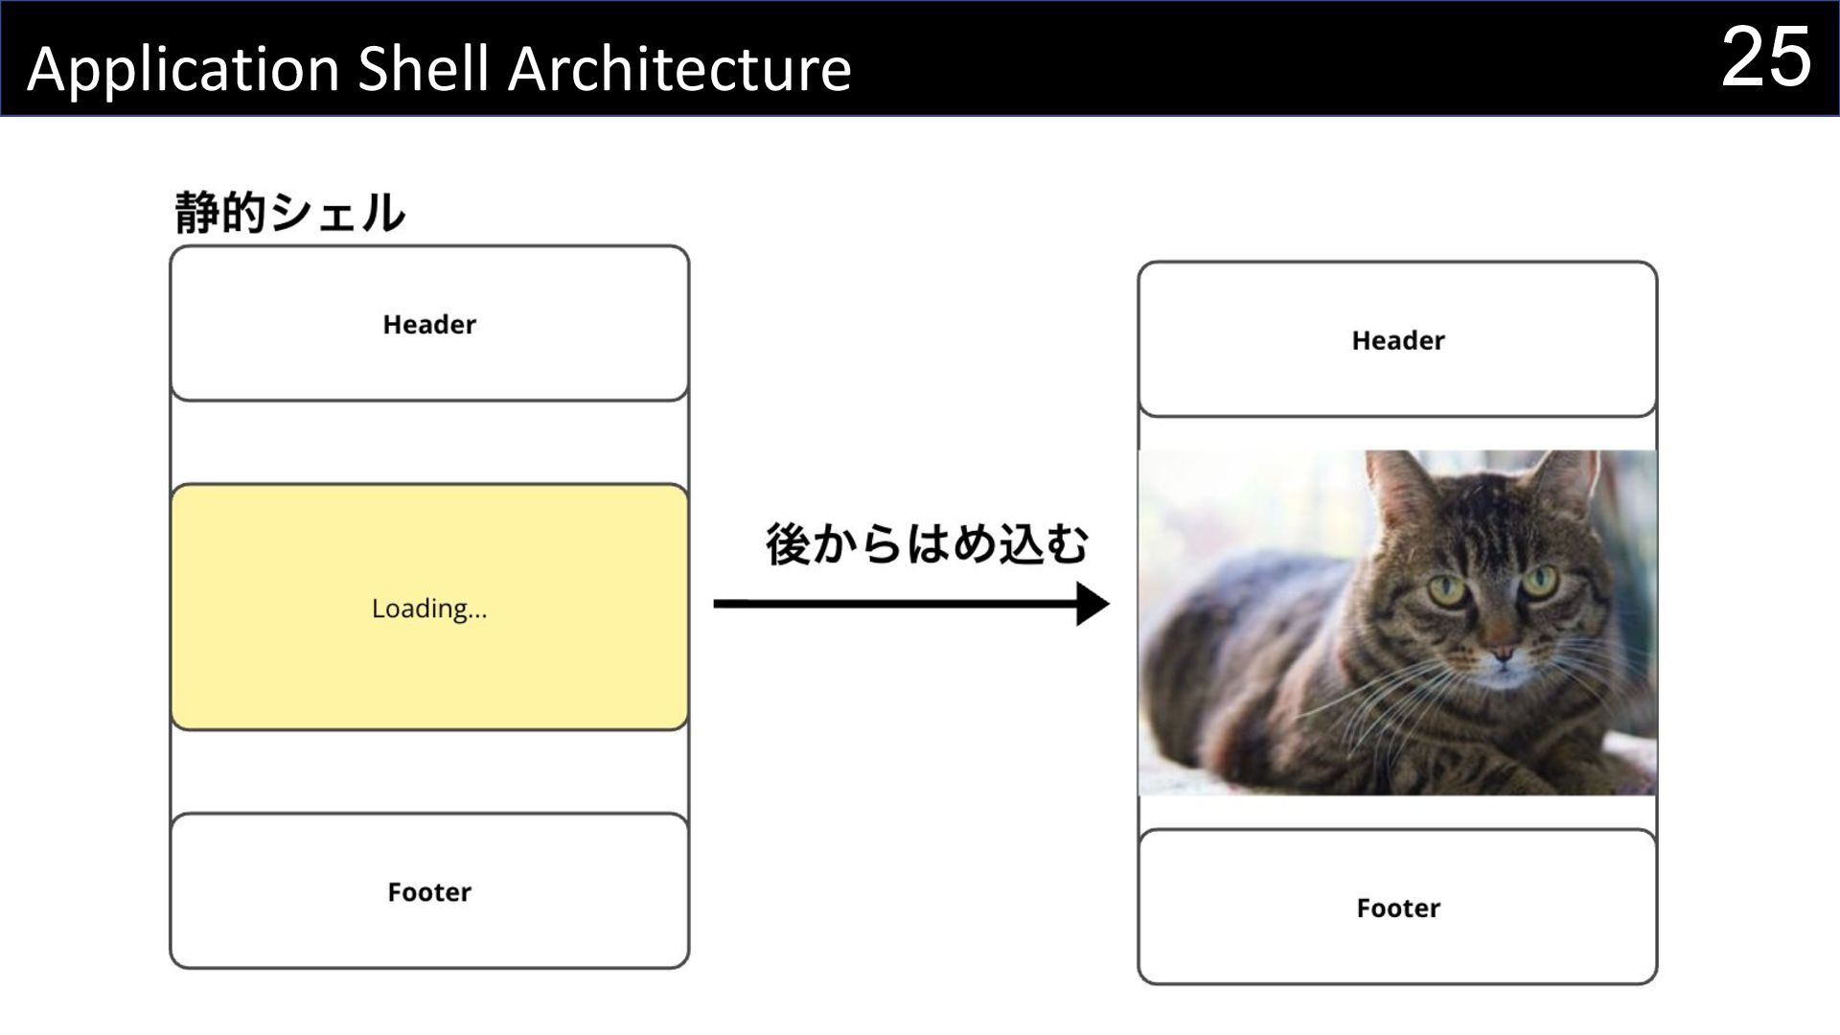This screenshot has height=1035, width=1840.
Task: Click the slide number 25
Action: [x=1766, y=57]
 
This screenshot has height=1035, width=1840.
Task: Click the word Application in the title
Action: [x=183, y=70]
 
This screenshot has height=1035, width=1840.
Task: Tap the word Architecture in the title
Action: [x=679, y=69]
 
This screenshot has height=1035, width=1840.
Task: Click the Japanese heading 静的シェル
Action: [x=289, y=213]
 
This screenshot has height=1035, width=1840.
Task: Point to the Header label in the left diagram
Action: [x=429, y=325]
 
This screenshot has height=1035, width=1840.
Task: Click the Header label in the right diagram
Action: [x=1397, y=341]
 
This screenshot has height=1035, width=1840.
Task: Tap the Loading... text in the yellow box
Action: [x=429, y=609]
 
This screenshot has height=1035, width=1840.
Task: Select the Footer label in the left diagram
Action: [x=429, y=892]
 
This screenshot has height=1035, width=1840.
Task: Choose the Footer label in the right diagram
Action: [x=1397, y=908]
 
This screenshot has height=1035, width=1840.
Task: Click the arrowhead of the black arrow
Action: [x=1092, y=604]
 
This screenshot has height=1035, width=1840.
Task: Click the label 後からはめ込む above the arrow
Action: [x=927, y=544]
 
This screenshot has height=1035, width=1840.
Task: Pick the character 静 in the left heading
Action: [x=197, y=213]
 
